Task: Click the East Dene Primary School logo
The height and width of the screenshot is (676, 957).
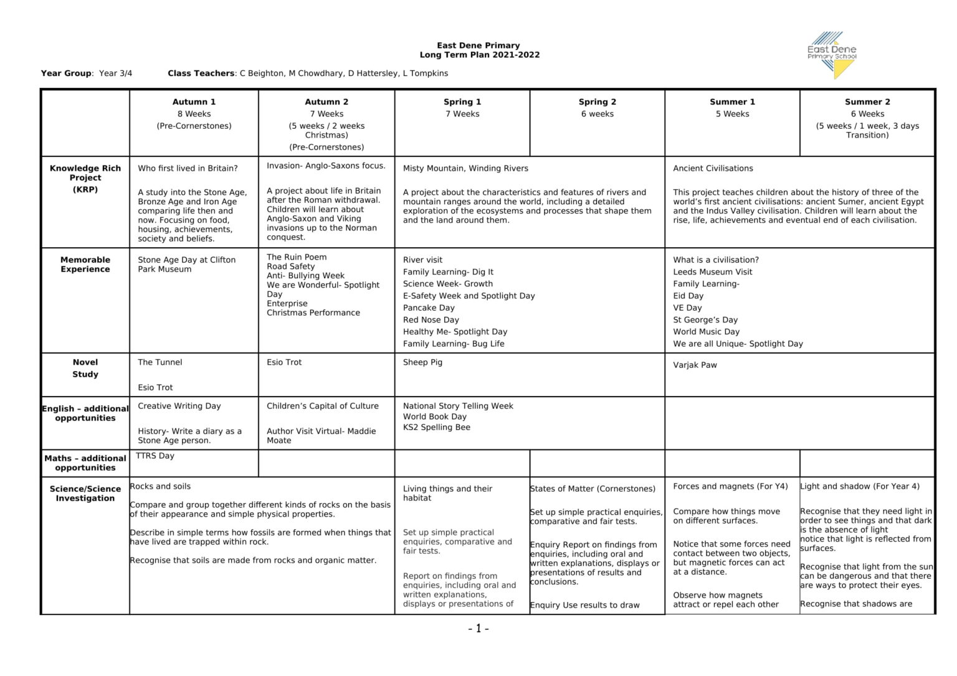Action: pos(832,55)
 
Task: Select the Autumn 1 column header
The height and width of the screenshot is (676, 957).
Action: pos(194,102)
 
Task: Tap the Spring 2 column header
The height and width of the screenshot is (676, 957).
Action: pos(597,102)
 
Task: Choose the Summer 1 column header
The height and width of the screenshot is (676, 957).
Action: pos(732,102)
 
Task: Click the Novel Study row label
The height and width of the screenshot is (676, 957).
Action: pos(85,368)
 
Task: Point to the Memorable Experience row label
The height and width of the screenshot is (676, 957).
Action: pos(85,265)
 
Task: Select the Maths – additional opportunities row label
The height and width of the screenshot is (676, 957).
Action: pos(85,463)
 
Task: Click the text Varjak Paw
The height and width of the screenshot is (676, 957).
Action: pos(695,365)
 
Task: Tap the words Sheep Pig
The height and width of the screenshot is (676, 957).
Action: pos(422,362)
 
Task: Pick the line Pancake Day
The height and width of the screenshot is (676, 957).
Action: pos(429,308)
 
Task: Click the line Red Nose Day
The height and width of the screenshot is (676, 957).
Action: pos(431,320)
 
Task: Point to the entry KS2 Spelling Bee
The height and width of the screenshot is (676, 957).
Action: pos(436,428)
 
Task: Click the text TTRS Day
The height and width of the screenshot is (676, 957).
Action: pos(155,456)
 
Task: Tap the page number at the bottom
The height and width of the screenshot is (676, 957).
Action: pos(478,629)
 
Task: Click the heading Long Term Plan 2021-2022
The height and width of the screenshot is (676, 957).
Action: pos(479,55)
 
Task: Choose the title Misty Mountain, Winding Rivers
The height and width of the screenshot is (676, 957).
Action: pos(465,169)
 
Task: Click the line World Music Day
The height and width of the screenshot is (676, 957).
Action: pos(706,332)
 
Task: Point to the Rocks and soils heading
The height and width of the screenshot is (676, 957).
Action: pos(160,487)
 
